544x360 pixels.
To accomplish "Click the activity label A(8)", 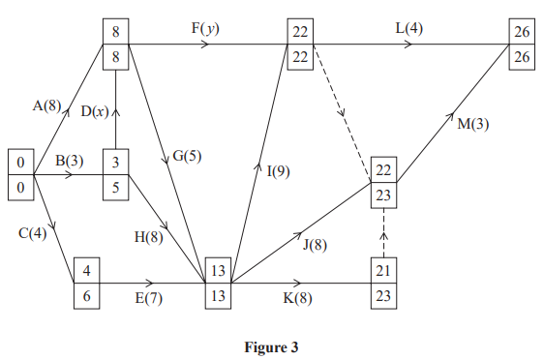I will (47, 106).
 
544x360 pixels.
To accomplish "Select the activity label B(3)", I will (68, 162).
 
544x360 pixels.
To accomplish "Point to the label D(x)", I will (94, 111).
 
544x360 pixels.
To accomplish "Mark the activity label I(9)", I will (279, 171).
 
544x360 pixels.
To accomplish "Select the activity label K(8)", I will (297, 299).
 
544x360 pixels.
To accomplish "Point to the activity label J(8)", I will (314, 244).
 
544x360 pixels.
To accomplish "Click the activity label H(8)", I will (148, 235).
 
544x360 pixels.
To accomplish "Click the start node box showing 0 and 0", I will (19, 174).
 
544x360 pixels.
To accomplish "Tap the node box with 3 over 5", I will (116, 174).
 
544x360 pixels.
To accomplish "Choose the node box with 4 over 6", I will (87, 285).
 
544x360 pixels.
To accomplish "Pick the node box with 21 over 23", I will (383, 285).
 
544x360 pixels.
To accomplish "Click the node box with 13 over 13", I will (218, 285).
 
